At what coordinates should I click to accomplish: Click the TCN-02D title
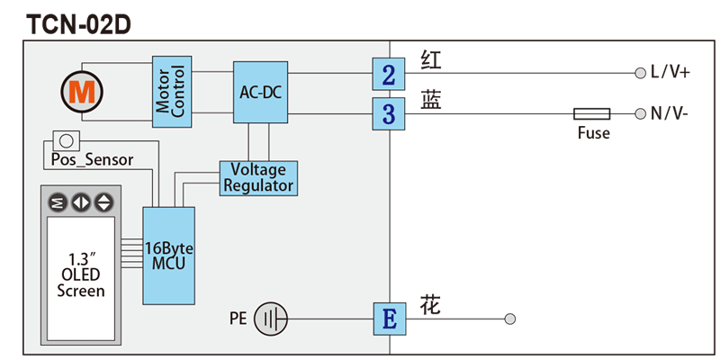[79, 24]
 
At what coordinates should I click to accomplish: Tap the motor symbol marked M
[83, 90]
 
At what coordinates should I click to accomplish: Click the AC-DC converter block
[261, 92]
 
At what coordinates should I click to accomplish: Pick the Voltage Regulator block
[258, 177]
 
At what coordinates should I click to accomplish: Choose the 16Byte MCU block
[168, 256]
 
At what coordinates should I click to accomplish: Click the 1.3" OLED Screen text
[81, 275]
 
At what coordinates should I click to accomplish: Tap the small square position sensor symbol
[65, 140]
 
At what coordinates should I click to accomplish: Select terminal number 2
[388, 74]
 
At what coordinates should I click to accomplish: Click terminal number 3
[388, 114]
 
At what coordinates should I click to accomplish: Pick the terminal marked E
[389, 319]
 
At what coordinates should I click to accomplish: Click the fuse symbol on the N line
[591, 114]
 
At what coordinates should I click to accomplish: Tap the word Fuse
[593, 133]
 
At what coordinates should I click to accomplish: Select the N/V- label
[669, 114]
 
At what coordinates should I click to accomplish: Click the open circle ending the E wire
[510, 319]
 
